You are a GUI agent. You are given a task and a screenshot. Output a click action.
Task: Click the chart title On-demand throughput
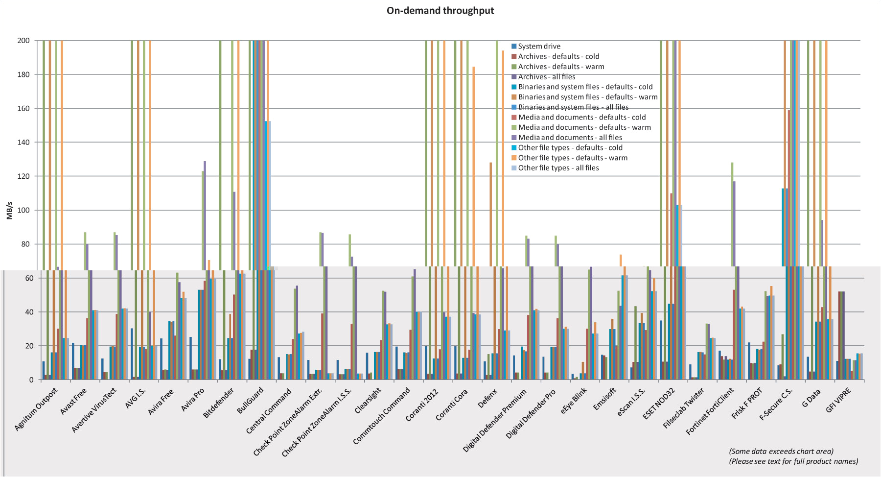pyautogui.click(x=440, y=11)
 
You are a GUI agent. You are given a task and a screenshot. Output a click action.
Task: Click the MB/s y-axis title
pyautogui.click(x=10, y=210)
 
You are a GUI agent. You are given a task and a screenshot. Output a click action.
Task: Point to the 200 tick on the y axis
pyautogui.click(x=23, y=41)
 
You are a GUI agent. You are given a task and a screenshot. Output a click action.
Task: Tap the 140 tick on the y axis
pyautogui.click(x=23, y=143)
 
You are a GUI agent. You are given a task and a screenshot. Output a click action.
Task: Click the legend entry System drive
pyautogui.click(x=539, y=47)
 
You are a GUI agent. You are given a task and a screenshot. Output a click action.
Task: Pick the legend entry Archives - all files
pyautogui.click(x=546, y=77)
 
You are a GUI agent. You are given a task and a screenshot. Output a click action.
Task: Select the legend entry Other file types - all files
pyautogui.click(x=558, y=168)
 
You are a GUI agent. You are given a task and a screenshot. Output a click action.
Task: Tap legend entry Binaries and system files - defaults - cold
pyautogui.click(x=585, y=87)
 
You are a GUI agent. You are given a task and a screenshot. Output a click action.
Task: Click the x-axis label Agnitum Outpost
pyautogui.click(x=36, y=409)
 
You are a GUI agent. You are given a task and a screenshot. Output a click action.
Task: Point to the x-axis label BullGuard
pyautogui.click(x=251, y=401)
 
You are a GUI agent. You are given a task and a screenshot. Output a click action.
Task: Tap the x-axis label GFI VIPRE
pyautogui.click(x=838, y=400)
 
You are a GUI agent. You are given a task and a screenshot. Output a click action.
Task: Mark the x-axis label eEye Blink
pyautogui.click(x=574, y=402)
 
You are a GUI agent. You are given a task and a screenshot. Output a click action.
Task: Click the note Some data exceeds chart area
pyautogui.click(x=781, y=452)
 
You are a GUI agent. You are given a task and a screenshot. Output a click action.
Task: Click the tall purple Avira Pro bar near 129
pyautogui.click(x=205, y=215)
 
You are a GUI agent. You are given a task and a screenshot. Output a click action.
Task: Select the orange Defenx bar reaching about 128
pyautogui.click(x=491, y=215)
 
